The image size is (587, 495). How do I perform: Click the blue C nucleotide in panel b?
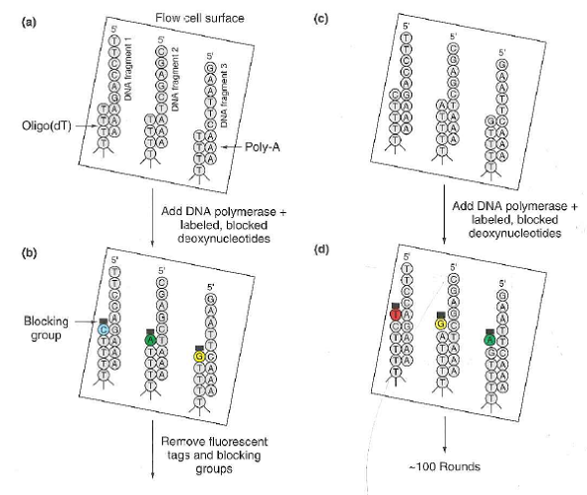pyautogui.click(x=102, y=329)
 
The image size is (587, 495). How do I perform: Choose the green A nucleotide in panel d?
pyautogui.click(x=489, y=340)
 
